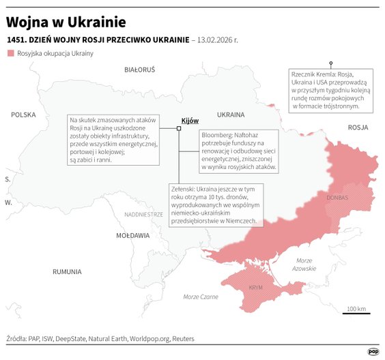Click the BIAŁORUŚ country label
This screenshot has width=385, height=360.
click(x=140, y=70)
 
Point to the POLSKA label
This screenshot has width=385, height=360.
click(x=23, y=115)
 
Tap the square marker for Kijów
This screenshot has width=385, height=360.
click(x=179, y=127)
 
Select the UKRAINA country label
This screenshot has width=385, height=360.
click(x=230, y=115)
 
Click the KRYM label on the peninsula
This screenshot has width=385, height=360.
click(x=256, y=287)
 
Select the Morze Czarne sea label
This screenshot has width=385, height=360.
click(x=201, y=297)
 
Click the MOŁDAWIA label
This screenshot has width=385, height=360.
click(x=132, y=235)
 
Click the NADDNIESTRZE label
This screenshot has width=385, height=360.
click(x=143, y=214)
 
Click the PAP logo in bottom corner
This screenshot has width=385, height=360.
click(x=373, y=351)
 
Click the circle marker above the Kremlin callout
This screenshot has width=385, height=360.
click(x=331, y=63)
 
